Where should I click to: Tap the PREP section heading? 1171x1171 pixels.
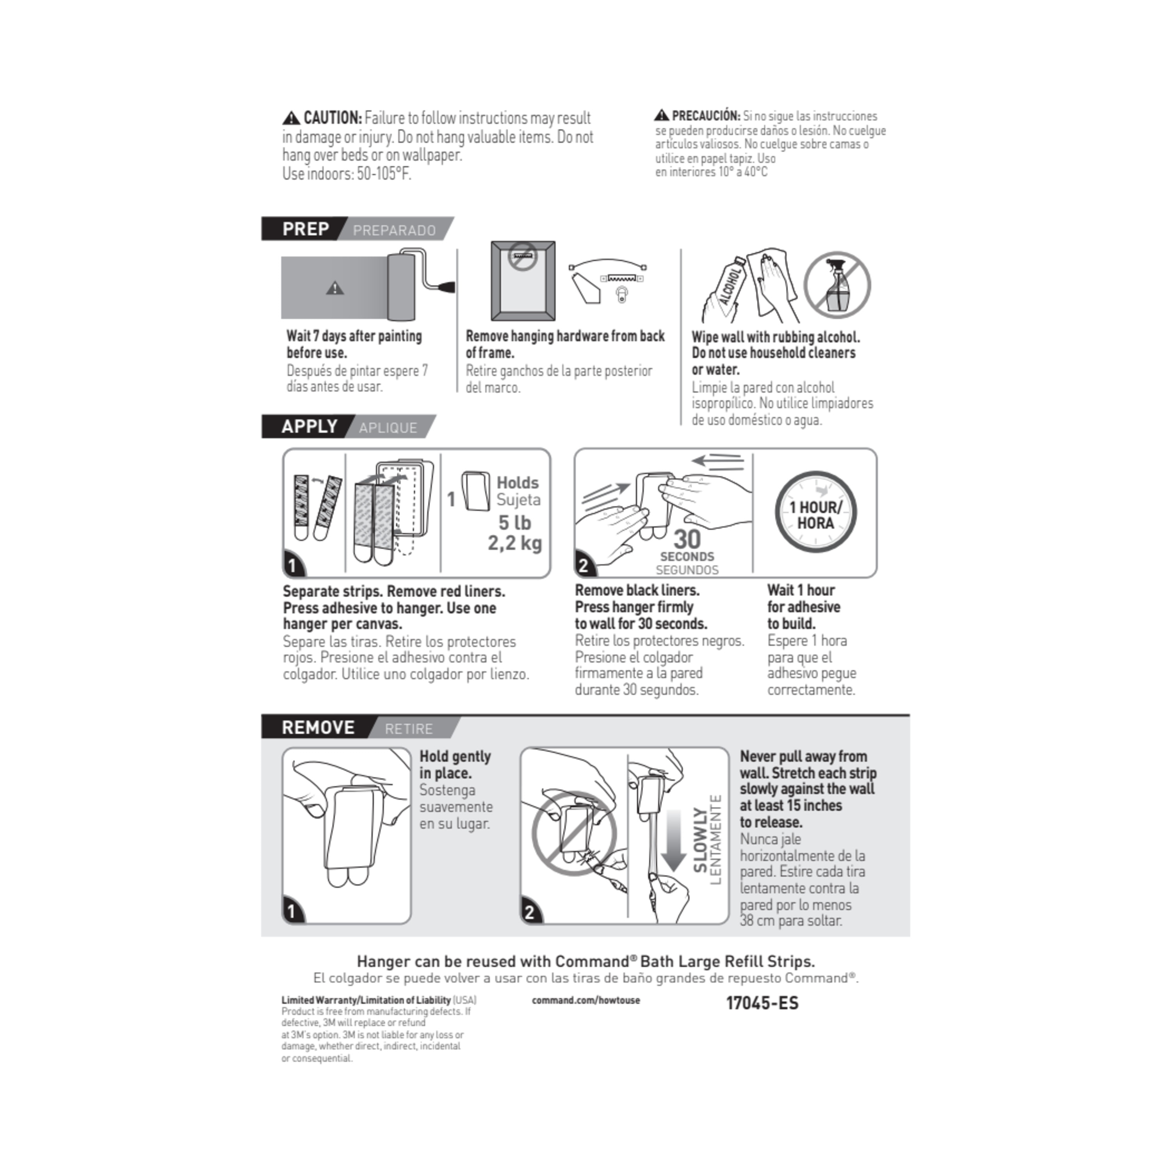click(306, 229)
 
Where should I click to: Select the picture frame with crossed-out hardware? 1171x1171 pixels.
click(523, 280)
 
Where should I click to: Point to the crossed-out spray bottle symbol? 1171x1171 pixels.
click(836, 285)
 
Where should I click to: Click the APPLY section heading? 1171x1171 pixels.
click(309, 427)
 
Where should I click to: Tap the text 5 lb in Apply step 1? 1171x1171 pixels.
click(514, 523)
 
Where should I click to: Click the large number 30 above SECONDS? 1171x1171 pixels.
click(687, 539)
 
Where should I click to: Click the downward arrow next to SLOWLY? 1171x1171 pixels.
click(673, 840)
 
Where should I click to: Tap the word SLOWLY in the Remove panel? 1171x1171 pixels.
click(700, 840)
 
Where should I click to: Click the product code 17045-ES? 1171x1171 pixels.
click(762, 1003)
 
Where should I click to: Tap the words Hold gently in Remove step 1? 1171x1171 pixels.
click(455, 756)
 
